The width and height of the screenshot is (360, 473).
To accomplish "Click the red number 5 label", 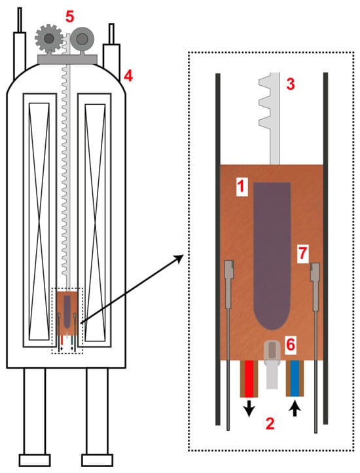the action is tap(69, 17).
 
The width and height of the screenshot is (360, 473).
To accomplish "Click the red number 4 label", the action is tap(128, 76).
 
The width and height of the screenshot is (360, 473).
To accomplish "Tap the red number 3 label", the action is tap(290, 84).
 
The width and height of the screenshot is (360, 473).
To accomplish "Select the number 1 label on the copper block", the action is tap(242, 187).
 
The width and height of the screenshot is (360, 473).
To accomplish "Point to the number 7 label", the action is tap(302, 254).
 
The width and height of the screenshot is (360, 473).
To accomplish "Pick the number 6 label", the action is tap(291, 345).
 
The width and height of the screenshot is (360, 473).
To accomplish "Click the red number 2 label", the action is tap(270, 423).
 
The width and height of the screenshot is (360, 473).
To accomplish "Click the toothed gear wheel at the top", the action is tap(49, 38).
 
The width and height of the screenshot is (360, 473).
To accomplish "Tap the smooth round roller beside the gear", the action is tap(82, 39).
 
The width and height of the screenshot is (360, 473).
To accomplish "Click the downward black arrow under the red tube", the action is tap(249, 409).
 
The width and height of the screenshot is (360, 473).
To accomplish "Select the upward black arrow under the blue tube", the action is tap(295, 409).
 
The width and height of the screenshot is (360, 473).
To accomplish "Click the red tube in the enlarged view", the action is tap(249, 379).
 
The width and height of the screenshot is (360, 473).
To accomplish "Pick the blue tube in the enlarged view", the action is tap(295, 378).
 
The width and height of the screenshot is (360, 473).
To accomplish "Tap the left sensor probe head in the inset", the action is tap(229, 269).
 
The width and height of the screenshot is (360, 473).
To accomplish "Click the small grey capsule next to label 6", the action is tap(272, 351).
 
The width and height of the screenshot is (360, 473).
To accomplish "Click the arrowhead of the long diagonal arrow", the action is tap(179, 258).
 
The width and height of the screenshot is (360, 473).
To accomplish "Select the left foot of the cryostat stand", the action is tap(35, 460).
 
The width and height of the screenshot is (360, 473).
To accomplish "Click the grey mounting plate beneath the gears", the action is tap(67, 60).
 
